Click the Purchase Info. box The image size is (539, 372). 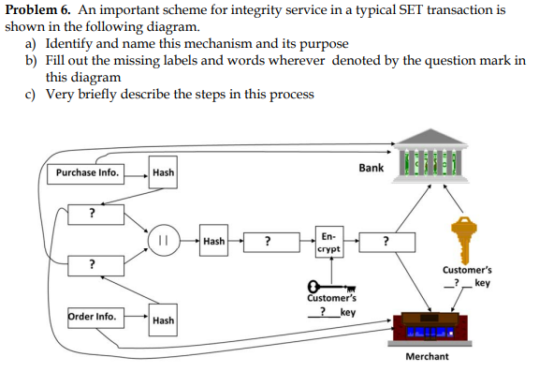[87, 172]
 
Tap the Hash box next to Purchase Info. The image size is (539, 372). [163, 172]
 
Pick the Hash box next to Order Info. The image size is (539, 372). [163, 320]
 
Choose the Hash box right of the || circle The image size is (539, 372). [213, 241]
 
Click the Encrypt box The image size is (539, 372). [328, 243]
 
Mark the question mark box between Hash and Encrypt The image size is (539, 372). [269, 242]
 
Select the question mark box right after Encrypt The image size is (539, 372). [386, 242]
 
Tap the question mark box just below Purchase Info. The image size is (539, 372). [91, 214]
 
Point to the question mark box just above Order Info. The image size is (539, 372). [91, 263]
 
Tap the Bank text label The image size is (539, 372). [371, 168]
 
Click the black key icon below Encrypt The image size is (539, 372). [324, 287]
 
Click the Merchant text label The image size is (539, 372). [427, 356]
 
